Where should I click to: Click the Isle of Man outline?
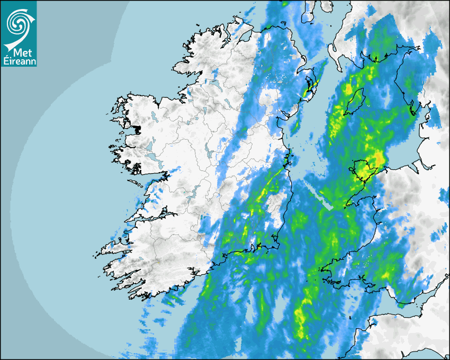tap(354, 101)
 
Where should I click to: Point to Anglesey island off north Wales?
tap(362, 169)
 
